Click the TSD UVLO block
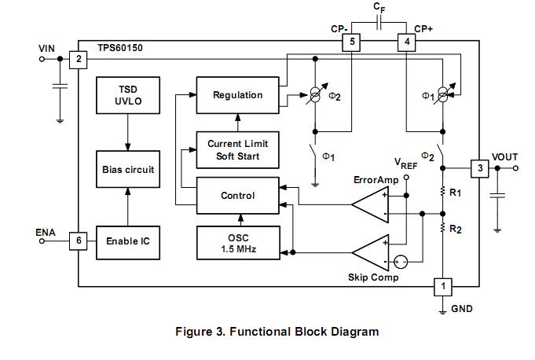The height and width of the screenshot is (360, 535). pos(127,95)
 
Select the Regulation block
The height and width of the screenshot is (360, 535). pos(237,95)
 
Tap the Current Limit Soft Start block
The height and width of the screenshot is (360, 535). pos(237,149)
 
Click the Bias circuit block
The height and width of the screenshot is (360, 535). pos(127,169)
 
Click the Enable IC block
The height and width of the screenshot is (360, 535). pos(127,241)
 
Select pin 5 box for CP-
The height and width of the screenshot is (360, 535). pos(353,42)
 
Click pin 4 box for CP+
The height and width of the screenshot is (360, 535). pos(405,42)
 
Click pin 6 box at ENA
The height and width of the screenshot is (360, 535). pos(78,241)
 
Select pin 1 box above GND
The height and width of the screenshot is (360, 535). pos(443,287)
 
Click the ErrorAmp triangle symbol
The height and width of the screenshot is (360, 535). pos(368,206)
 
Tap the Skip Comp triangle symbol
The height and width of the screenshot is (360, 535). pos(368,253)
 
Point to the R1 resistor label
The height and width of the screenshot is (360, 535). pos(456,191)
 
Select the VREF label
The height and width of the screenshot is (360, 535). pos(405,163)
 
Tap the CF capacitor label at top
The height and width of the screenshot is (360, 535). pos(379,9)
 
